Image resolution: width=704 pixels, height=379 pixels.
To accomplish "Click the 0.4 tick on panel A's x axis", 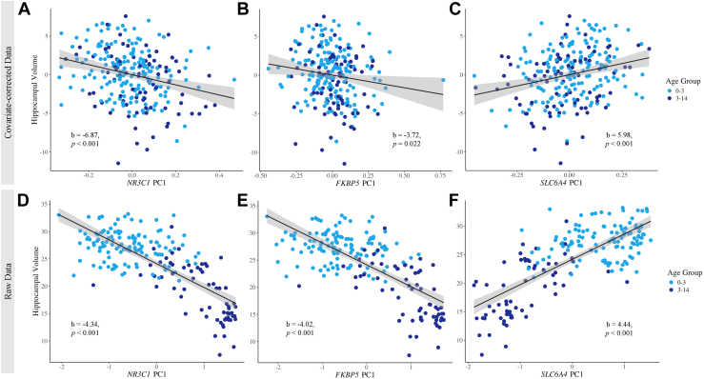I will [x=218, y=175].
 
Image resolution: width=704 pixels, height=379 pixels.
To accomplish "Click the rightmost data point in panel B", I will [x=443, y=80].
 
